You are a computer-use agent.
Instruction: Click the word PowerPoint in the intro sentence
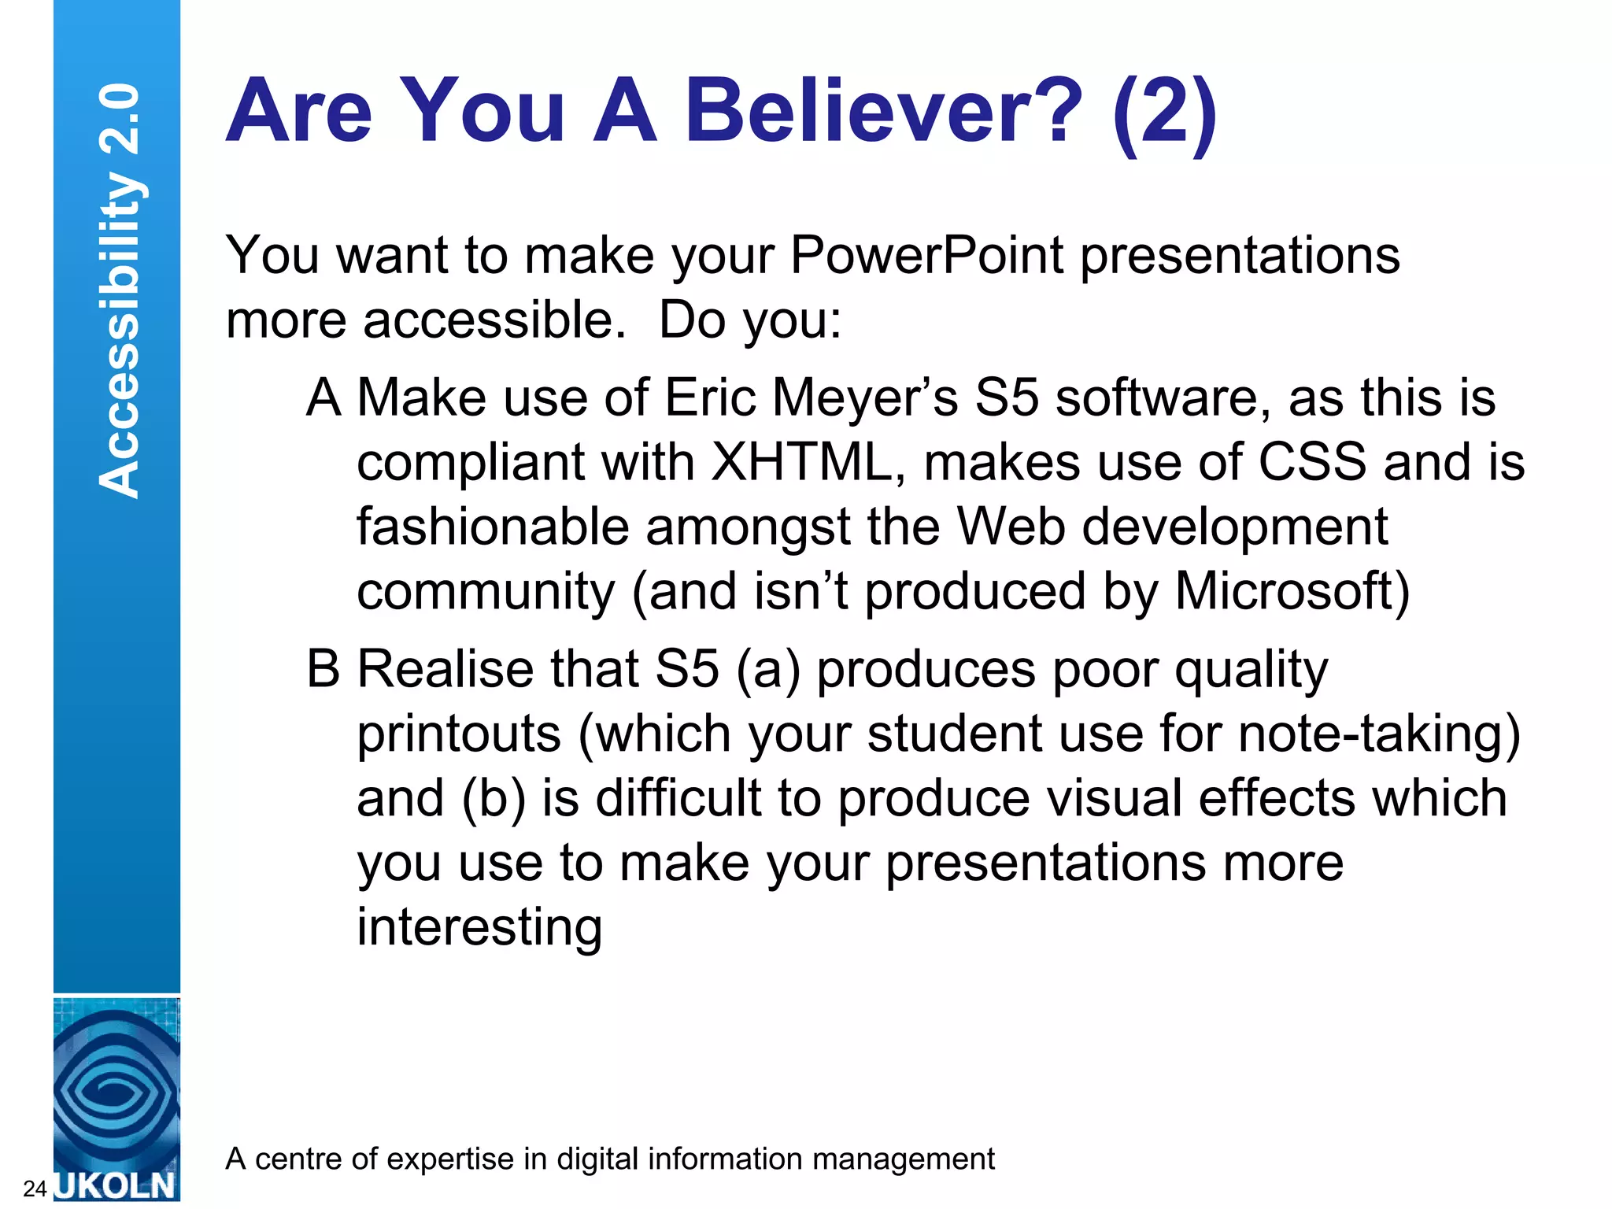(x=926, y=255)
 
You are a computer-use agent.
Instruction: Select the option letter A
(x=324, y=397)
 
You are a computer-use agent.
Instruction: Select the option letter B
(x=323, y=668)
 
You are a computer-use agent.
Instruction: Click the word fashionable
(x=493, y=527)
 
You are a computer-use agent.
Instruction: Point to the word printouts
(x=459, y=734)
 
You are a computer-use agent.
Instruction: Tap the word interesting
(x=479, y=927)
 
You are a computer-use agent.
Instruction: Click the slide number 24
(x=35, y=1189)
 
